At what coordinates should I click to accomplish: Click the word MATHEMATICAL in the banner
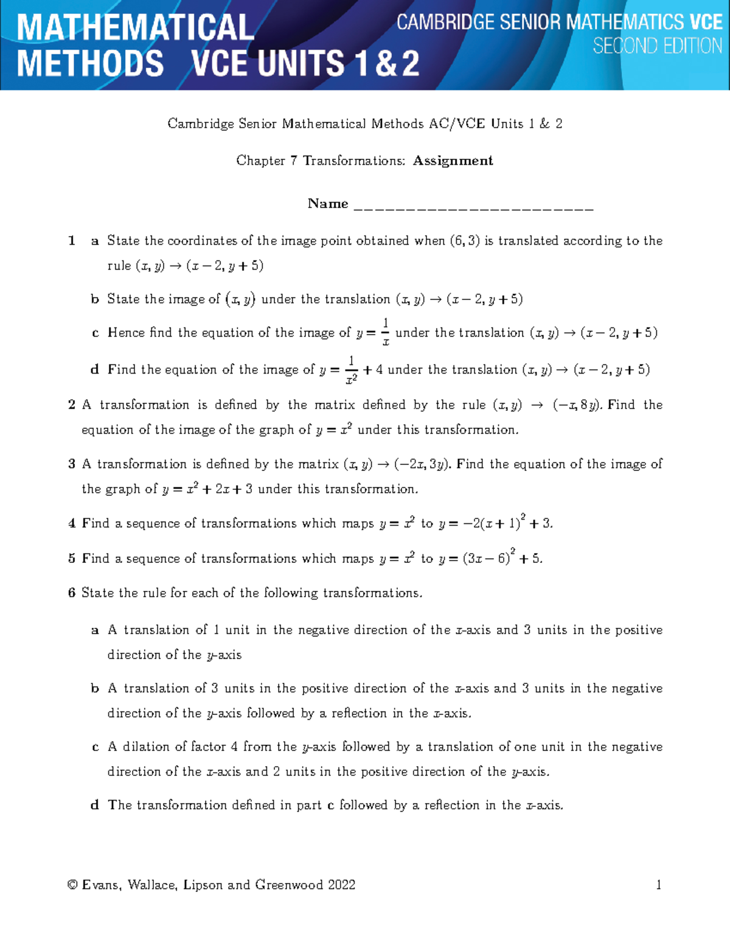[x=136, y=28]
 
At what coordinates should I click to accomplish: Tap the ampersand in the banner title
[x=386, y=64]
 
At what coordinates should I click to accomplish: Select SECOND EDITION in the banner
[x=657, y=46]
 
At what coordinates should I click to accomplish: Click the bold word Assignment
[x=453, y=161]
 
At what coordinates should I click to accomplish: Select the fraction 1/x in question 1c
[x=385, y=332]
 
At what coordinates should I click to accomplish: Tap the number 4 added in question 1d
[x=379, y=369]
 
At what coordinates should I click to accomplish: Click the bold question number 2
[x=72, y=405]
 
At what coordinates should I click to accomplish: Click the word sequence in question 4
[x=152, y=523]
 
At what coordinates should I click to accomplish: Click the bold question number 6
[x=72, y=593]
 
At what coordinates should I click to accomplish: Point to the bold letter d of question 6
[x=95, y=805]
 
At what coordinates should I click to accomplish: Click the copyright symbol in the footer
[x=73, y=885]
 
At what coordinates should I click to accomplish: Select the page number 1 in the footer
[x=658, y=885]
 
